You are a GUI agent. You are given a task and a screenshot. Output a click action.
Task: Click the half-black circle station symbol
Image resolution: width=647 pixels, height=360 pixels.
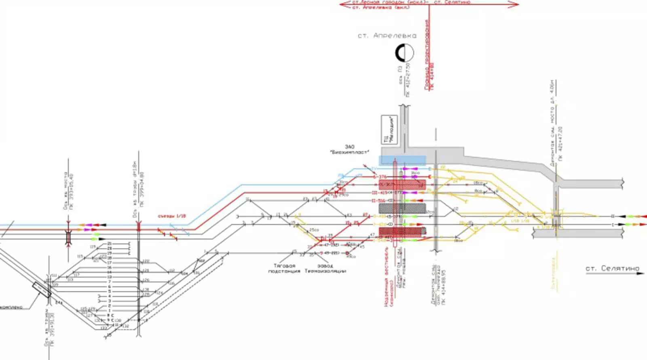404,53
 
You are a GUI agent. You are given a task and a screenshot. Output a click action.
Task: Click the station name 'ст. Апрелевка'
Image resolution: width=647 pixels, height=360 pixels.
387,36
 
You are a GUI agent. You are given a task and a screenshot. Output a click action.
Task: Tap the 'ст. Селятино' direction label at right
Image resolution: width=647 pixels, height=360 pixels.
612,268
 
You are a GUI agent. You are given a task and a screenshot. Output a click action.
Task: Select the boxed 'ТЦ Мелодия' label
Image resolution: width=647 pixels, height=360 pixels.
389,129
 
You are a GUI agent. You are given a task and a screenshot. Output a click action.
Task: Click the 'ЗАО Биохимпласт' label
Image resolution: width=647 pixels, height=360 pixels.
350,150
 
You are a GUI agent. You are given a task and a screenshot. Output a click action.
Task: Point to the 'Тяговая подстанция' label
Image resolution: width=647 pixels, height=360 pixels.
284,269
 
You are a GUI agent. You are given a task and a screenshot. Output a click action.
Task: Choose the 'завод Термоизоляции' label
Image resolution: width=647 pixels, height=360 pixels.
325,269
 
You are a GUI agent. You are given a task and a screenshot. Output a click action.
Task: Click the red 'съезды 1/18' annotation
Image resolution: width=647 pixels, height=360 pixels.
172,216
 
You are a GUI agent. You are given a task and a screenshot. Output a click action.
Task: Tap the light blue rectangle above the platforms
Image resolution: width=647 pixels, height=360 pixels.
402,161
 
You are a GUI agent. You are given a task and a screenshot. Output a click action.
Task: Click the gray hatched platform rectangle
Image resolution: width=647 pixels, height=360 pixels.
402,208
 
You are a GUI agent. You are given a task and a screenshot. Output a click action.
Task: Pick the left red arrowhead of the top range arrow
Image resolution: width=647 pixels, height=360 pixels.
343,4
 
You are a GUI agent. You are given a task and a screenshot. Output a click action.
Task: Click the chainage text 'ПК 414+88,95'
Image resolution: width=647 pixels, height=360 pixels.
444,285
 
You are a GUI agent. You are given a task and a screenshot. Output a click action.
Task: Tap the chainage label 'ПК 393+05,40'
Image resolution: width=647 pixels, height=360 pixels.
72,192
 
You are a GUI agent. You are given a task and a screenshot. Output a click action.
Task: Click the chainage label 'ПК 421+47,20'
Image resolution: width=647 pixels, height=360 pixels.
560,144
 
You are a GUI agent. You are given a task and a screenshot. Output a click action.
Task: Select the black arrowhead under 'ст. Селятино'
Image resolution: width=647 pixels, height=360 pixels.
641,274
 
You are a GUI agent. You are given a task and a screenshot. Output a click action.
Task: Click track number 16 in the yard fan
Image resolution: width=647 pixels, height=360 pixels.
109,268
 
